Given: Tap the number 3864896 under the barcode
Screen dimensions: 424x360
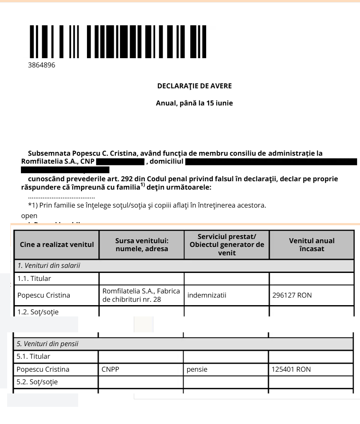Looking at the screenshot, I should (x=41, y=65).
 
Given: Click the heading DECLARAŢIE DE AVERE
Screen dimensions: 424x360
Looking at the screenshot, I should (x=194, y=86).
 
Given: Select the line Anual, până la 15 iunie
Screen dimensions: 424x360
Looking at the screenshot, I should (x=194, y=103).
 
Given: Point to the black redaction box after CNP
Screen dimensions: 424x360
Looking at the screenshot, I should (x=120, y=162).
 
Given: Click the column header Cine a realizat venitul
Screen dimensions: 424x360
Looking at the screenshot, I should (x=57, y=245).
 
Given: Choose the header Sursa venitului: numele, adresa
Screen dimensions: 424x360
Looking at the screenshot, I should (x=141, y=245).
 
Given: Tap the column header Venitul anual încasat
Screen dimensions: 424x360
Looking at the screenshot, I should (x=311, y=245).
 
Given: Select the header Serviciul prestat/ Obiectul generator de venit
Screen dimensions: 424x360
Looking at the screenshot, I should (x=227, y=245).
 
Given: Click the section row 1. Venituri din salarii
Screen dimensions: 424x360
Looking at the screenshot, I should (x=49, y=265).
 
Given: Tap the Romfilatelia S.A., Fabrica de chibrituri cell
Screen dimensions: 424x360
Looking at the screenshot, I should (x=141, y=296).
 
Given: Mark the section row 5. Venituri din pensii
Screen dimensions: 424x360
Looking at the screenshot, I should (x=47, y=344).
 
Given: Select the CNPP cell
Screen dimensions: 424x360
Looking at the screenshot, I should (x=110, y=369).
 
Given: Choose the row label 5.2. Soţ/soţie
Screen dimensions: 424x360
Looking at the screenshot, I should (x=37, y=382).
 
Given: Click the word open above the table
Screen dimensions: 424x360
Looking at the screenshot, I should (x=29, y=216).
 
